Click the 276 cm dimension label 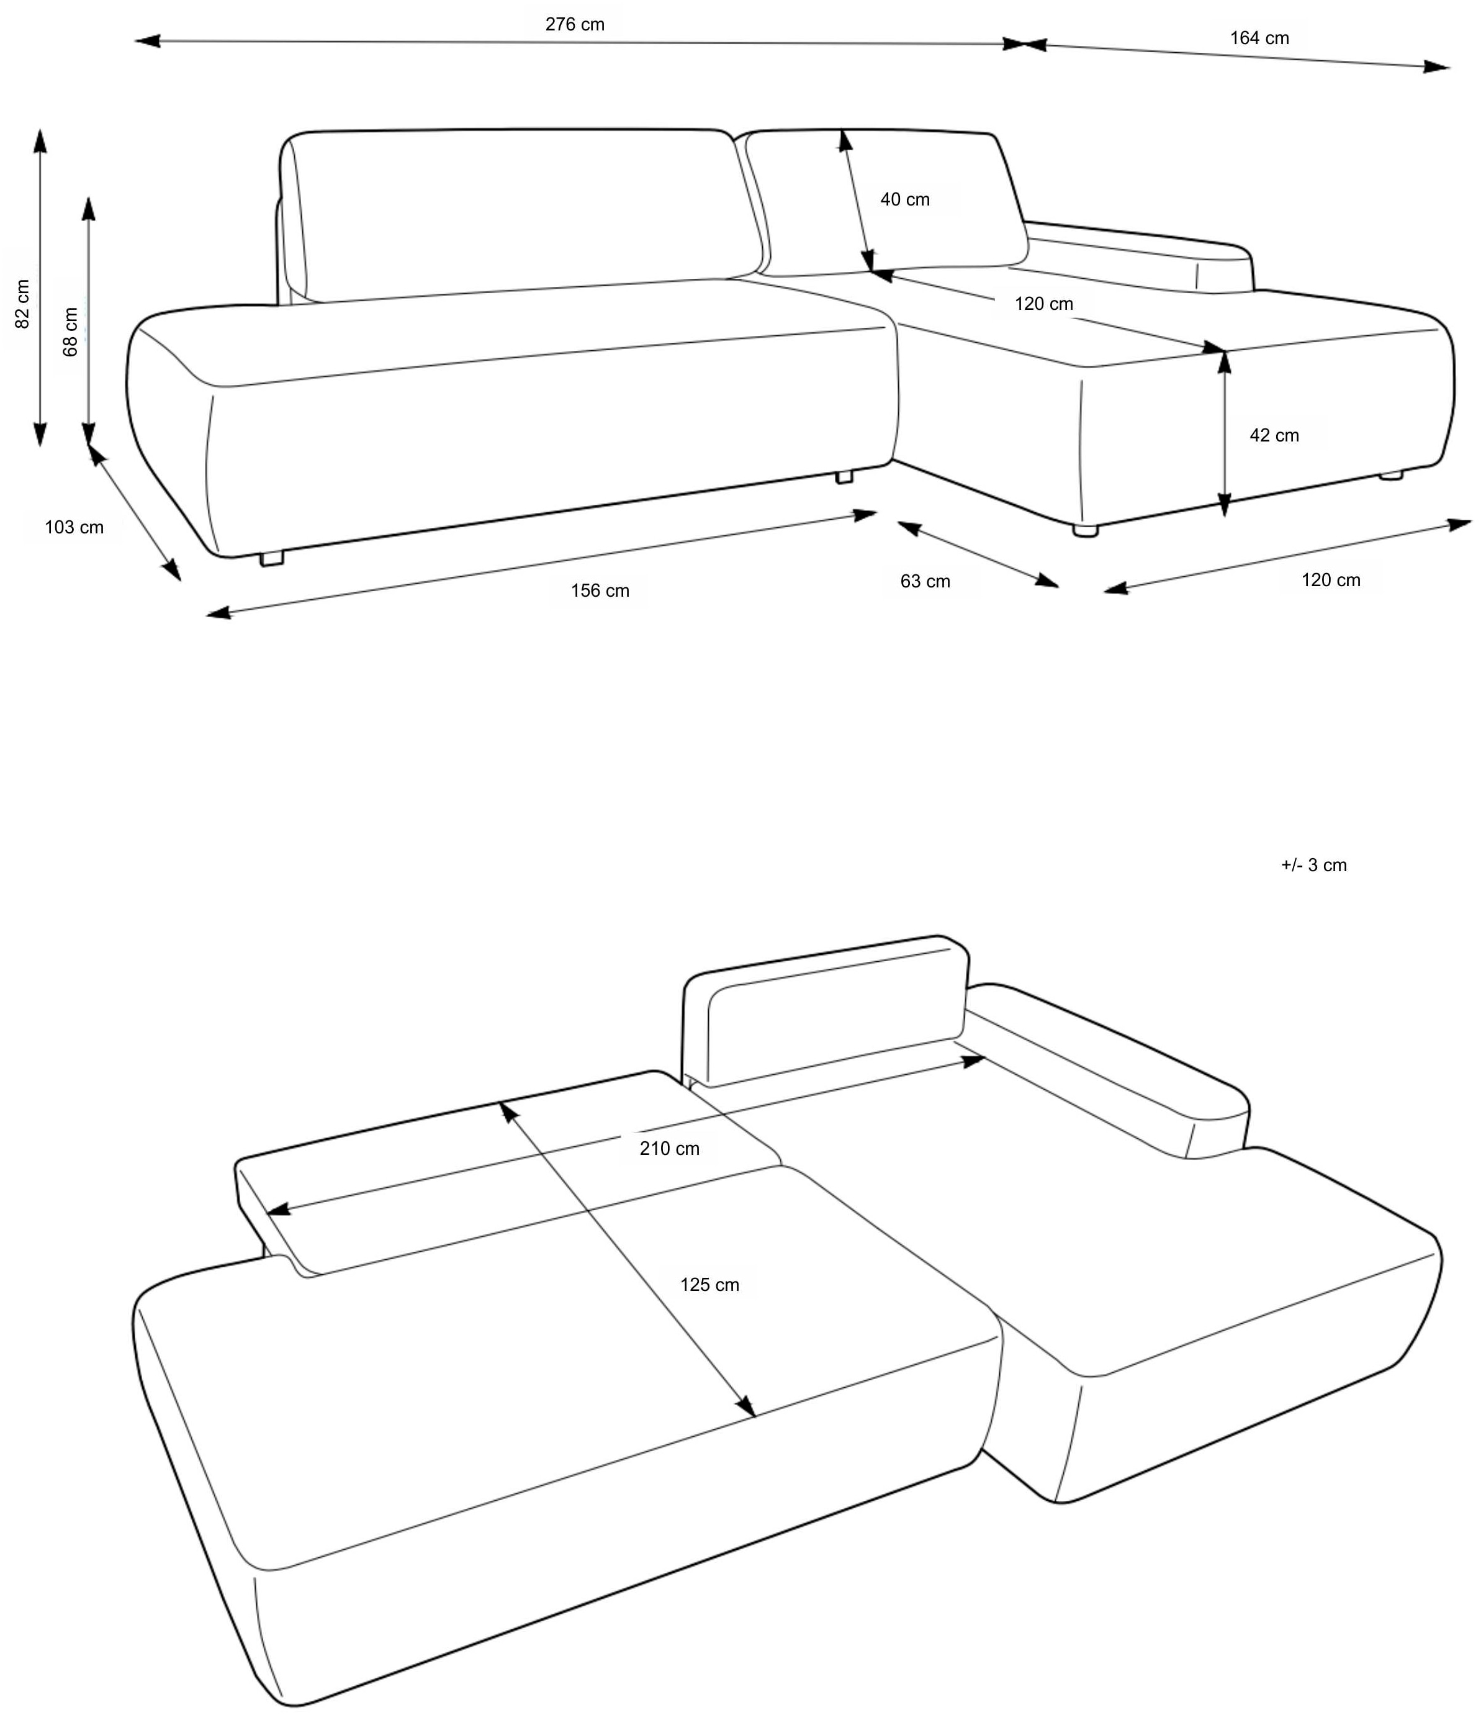coord(574,25)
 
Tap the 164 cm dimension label coord(1258,38)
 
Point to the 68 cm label coord(71,332)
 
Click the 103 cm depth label coord(74,527)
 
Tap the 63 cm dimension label coord(925,582)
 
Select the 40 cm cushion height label coord(904,199)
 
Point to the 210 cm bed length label coord(669,1149)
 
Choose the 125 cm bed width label coord(709,1285)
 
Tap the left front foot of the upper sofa coord(271,559)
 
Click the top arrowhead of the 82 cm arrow coord(39,141)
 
